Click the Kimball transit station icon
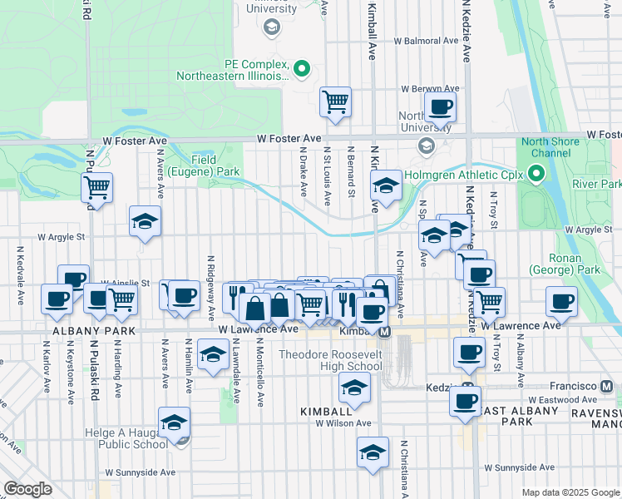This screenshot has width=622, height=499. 385,332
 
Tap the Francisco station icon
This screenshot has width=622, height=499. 607,387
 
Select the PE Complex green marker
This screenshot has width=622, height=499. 302,68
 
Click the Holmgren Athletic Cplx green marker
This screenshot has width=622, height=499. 536,175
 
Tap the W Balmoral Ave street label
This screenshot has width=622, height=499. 426,40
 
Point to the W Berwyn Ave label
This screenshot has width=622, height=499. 430,89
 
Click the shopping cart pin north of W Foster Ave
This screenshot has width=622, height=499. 336,102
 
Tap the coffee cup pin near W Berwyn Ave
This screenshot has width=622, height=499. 440,107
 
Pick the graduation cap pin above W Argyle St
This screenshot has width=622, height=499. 145,222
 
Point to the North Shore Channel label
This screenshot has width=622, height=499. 550,147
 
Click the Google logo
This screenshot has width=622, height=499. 28,489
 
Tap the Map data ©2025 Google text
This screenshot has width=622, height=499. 570,492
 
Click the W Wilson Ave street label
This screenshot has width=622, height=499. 343,422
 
